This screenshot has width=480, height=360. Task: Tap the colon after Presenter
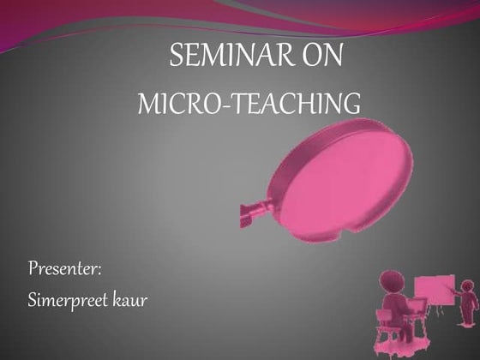pos(100,272)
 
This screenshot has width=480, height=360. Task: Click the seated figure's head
pos(392,282)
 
